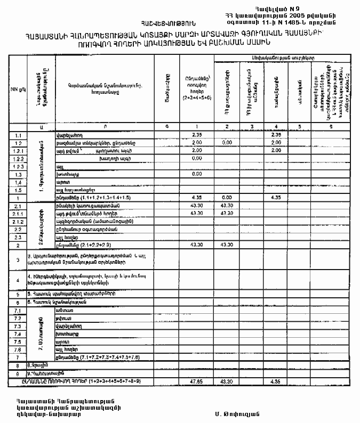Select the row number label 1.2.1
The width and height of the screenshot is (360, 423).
coord(18,151)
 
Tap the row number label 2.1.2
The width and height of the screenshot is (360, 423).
coord(18,221)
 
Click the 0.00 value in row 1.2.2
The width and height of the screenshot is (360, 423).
coord(197,159)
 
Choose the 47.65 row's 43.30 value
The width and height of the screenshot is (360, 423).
coord(227,382)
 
